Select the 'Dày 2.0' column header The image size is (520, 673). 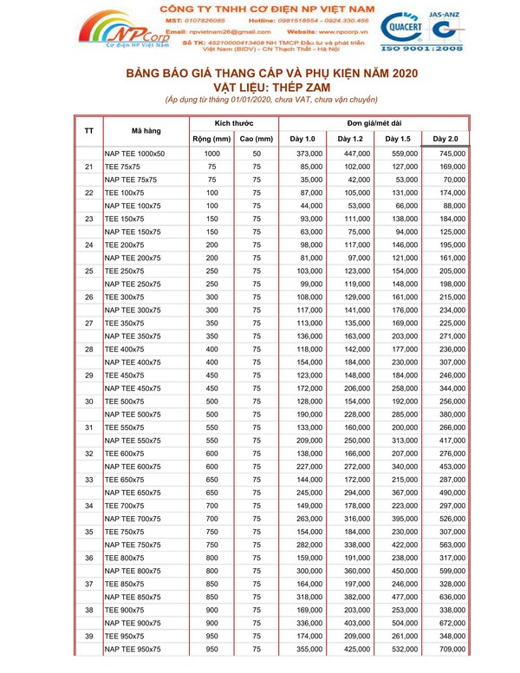click(445, 139)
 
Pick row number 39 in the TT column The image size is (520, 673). click(89, 636)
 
